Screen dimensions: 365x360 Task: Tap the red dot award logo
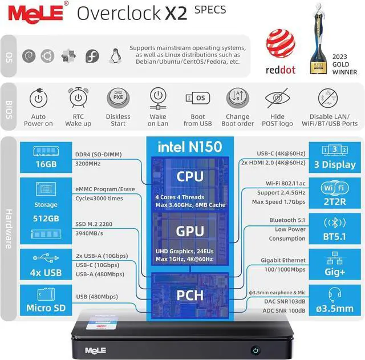280,54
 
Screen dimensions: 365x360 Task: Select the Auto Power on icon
38,99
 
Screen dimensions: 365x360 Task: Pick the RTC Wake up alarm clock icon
78,98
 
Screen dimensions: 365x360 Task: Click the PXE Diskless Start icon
118,98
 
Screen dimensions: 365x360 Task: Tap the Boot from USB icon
198,98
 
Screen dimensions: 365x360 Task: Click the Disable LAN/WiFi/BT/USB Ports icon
329,98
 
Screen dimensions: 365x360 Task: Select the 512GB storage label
46,219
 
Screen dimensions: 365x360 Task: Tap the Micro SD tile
46,302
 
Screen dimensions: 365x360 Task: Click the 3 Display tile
334,156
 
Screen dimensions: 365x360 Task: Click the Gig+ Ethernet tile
334,264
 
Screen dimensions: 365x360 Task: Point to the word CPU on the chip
189,176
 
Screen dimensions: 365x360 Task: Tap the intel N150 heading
189,147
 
